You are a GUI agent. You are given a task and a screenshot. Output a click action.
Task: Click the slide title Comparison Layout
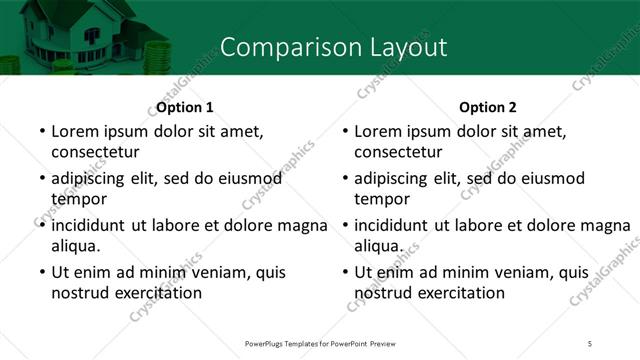click(333, 47)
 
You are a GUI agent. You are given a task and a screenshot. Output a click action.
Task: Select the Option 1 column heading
click(185, 107)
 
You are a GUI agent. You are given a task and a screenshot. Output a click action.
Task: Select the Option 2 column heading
click(488, 107)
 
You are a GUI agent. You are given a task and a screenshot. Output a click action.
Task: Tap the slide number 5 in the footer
click(590, 343)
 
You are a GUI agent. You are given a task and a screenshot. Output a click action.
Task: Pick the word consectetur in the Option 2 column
click(398, 152)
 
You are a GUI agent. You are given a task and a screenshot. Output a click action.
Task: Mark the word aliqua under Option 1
click(75, 245)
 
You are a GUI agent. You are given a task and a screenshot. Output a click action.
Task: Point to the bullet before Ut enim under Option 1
click(40, 273)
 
